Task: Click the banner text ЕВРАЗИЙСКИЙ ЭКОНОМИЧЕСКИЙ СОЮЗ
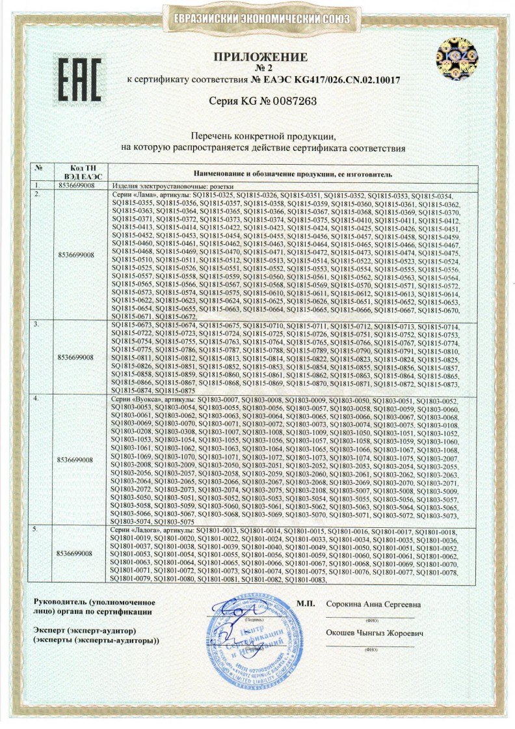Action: pyautogui.click(x=262, y=20)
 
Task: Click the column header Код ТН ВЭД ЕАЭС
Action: pyautogui.click(x=76, y=172)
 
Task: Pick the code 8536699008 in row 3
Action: pyautogui.click(x=76, y=357)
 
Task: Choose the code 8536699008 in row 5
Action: pyautogui.click(x=76, y=553)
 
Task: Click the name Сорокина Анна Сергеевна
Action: pyautogui.click(x=374, y=605)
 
